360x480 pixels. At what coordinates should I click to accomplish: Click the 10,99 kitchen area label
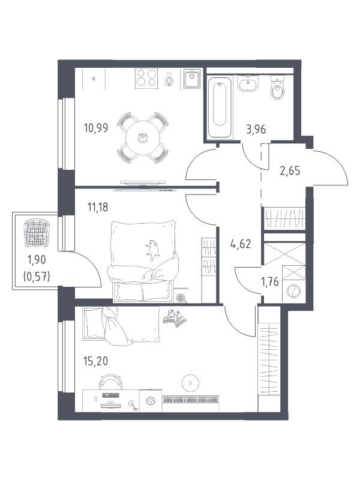96,128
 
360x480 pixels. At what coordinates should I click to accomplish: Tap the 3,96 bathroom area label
256,130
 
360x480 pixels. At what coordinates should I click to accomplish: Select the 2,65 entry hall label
290,170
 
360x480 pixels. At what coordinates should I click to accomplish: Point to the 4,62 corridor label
241,244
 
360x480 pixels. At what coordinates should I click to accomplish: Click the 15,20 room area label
95,361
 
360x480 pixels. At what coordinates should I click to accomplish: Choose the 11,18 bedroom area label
98,208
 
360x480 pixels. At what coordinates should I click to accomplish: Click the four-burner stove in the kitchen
147,79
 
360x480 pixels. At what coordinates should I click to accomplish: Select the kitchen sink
192,79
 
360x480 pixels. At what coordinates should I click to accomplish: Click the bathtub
220,108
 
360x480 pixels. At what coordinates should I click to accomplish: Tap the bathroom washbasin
248,83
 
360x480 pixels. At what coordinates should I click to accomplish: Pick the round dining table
143,138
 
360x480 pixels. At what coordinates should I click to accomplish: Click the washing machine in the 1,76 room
293,291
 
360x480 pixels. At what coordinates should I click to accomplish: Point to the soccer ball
151,401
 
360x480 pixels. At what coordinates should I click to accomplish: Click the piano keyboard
190,400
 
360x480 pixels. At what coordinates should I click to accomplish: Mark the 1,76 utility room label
270,282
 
